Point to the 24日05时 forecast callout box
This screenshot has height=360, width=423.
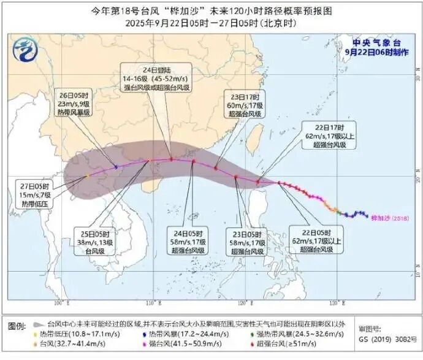click(190, 242)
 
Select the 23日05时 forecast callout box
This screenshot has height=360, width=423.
click(248, 242)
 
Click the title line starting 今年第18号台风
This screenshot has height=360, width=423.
click(211, 10)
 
